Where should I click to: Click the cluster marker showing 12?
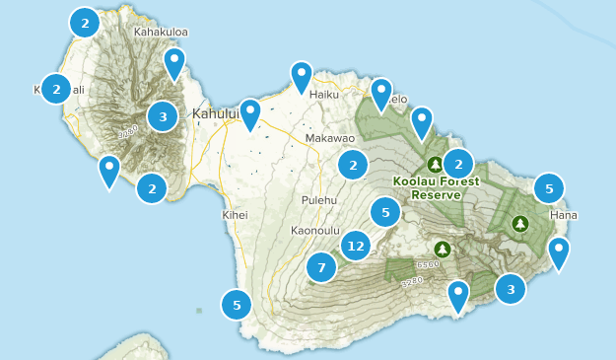(x=356, y=246)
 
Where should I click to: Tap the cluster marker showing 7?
(x=321, y=266)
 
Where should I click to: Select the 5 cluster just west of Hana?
(x=549, y=187)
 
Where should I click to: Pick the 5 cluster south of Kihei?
(x=237, y=305)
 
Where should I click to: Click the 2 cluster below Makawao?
(x=353, y=165)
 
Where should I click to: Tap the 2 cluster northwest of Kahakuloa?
(x=85, y=22)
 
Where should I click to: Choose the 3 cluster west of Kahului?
(x=163, y=116)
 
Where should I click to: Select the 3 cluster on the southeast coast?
(x=510, y=289)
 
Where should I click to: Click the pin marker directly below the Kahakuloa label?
(x=174, y=63)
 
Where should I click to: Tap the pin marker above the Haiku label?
(x=302, y=75)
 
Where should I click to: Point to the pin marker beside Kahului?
(x=250, y=112)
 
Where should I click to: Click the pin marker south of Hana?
(x=559, y=251)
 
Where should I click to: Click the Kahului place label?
(x=215, y=114)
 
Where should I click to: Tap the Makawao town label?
(x=329, y=139)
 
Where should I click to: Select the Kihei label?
(x=236, y=214)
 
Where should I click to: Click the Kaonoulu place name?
(x=315, y=231)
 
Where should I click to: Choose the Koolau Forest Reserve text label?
(x=435, y=187)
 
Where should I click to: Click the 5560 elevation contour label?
(x=428, y=264)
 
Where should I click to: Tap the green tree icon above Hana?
(x=519, y=224)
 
